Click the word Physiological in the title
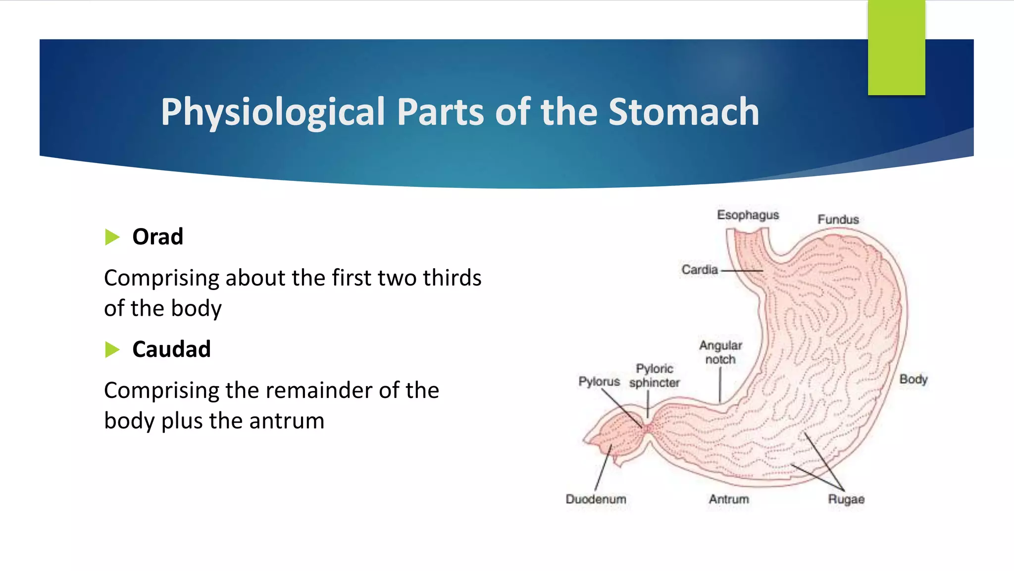(x=273, y=112)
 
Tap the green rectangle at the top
(x=896, y=48)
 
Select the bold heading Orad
(x=157, y=237)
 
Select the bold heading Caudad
(x=171, y=349)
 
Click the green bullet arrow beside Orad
(x=112, y=237)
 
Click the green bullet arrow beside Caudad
(x=112, y=350)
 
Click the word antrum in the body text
(x=287, y=421)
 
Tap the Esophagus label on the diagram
(x=748, y=215)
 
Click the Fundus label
(x=838, y=220)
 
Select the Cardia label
(x=699, y=270)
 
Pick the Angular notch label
(x=720, y=352)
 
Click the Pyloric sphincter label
(x=654, y=376)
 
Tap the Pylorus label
(x=599, y=382)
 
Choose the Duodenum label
(x=596, y=499)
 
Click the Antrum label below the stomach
(x=728, y=499)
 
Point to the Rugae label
(x=846, y=499)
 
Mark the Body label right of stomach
(x=913, y=380)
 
